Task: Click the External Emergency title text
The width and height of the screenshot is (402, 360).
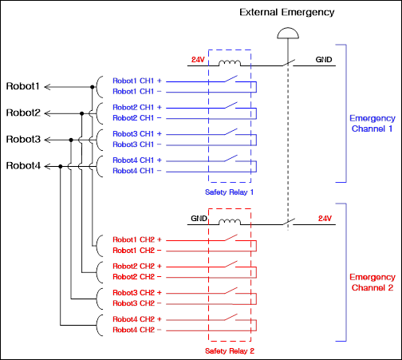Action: pos(287,13)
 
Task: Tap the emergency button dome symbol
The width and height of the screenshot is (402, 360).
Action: pos(288,33)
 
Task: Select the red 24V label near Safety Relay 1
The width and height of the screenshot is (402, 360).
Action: pos(198,60)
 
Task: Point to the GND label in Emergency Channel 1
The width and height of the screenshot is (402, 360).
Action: pos(324,59)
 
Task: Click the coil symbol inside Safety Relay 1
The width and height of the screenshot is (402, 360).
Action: pos(230,63)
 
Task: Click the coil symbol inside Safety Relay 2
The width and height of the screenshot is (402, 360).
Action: pos(230,222)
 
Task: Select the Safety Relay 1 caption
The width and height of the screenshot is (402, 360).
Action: pos(229,192)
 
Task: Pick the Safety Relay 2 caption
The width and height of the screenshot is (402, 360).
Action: pos(230,351)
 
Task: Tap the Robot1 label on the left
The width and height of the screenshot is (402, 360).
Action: pos(23,86)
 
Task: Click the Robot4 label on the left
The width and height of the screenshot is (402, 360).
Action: pos(23,166)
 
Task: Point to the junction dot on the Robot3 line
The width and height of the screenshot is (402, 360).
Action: pos(71,140)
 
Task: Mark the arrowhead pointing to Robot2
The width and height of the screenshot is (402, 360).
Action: pos(47,113)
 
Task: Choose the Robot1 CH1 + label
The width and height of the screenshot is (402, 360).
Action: pos(137,81)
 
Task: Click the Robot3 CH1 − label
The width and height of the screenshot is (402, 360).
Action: pos(137,144)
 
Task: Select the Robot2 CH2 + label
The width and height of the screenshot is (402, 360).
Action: pos(137,266)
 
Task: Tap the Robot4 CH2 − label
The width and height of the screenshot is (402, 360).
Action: pos(137,330)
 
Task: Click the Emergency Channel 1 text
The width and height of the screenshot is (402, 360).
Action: pos(372,124)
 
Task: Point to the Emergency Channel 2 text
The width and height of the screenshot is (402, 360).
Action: pos(372,283)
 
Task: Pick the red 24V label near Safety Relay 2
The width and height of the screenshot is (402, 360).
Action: pos(325,219)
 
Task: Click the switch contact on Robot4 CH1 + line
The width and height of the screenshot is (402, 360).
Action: pos(231,158)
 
